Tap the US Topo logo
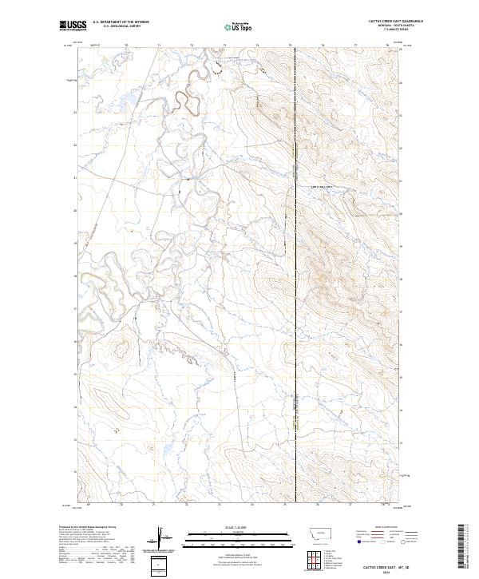(x=239, y=26)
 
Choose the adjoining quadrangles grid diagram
(x=313, y=560)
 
